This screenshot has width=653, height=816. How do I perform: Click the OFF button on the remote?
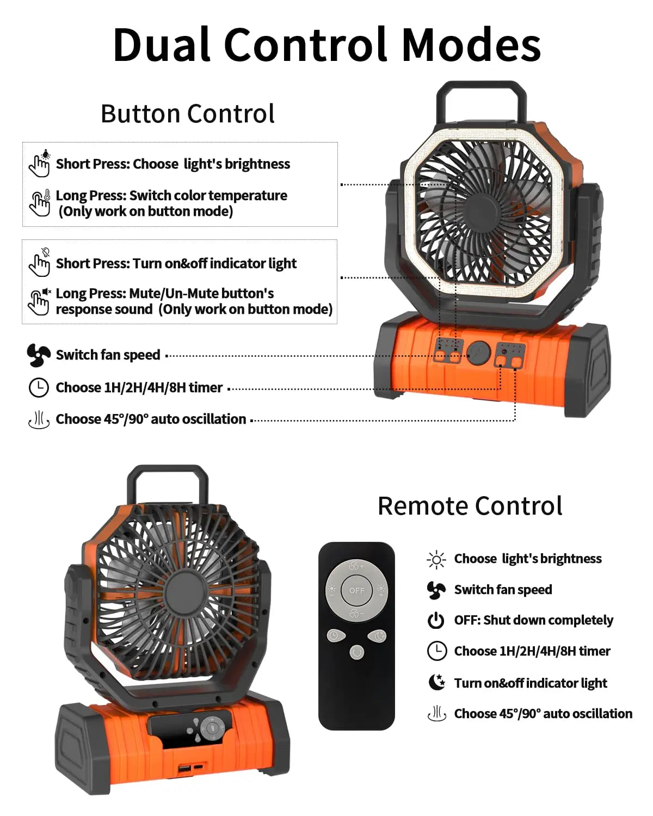click(356, 590)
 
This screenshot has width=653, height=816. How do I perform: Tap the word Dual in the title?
click(162, 45)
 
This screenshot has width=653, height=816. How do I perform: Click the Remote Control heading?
click(470, 506)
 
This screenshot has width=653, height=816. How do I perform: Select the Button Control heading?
click(188, 114)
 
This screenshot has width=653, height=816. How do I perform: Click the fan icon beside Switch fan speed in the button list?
click(39, 355)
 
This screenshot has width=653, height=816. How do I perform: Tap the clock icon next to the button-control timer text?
click(39, 387)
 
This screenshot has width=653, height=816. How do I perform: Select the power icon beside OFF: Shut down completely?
click(436, 620)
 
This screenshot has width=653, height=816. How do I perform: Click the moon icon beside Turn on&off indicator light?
click(436, 682)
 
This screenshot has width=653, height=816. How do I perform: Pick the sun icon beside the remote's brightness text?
click(436, 559)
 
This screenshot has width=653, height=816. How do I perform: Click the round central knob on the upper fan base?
click(479, 353)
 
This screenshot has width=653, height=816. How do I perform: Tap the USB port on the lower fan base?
click(184, 768)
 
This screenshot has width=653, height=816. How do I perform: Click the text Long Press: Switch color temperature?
click(171, 195)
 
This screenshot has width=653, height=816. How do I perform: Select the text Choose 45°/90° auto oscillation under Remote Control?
click(543, 713)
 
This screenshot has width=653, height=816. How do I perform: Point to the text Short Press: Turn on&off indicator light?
click(176, 263)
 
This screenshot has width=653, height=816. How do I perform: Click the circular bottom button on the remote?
click(356, 652)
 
